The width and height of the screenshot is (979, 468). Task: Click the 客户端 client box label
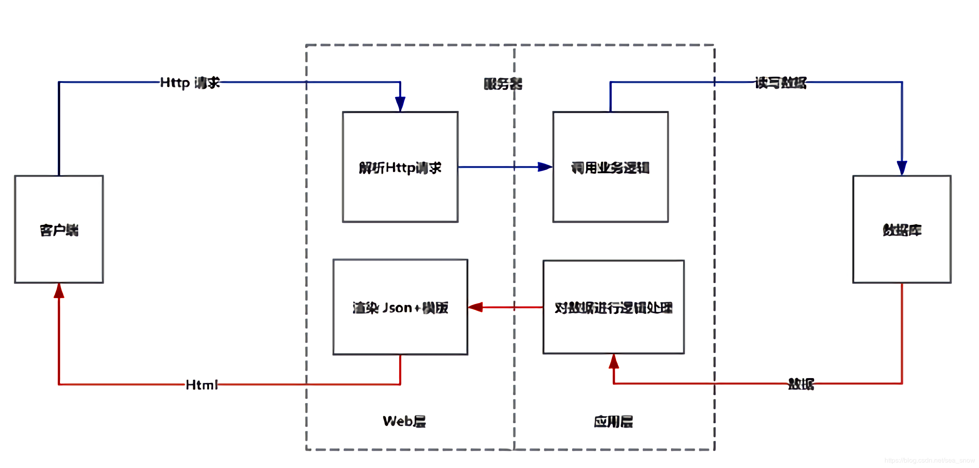coord(59,230)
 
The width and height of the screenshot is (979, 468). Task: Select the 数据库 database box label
coord(902,230)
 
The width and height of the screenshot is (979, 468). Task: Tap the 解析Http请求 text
coord(400,168)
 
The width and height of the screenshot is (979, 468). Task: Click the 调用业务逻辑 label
coord(610,168)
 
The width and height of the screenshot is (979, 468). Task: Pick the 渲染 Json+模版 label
coord(400,308)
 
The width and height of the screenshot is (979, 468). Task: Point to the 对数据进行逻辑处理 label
coord(613,308)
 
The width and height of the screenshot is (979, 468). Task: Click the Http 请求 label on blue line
coord(190,82)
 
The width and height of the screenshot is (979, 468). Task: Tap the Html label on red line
coord(201,385)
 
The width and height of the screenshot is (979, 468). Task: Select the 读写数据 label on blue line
coord(780,82)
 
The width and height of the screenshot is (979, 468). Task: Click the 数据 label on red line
coord(801,384)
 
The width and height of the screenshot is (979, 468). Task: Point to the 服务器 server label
coord(502,84)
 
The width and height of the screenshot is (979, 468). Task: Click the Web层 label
coord(404,421)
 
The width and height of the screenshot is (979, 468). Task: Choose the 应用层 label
coord(613,422)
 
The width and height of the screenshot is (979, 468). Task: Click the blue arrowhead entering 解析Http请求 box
coord(400,104)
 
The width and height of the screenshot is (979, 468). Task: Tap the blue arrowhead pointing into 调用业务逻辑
coord(545,167)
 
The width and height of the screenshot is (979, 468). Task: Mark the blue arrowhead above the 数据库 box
coord(902,168)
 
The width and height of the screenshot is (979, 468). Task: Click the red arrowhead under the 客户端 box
coord(59,291)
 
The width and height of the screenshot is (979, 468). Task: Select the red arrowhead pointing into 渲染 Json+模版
coord(475,307)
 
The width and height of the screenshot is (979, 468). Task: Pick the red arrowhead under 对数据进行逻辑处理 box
coord(614,361)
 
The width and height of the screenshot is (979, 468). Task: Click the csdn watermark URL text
coord(929,460)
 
